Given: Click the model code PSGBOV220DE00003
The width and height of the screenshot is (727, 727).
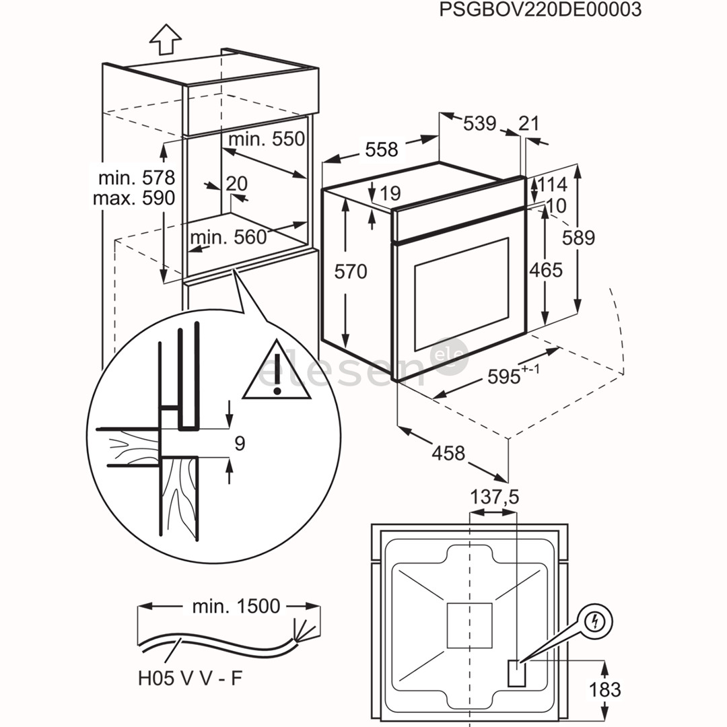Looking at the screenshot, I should coord(540,10).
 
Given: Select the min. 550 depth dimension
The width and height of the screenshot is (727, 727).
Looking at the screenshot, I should coord(267,139).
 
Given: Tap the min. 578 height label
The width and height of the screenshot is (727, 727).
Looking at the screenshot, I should coord(137,178).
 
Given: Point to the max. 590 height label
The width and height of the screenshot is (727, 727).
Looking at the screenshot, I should coord(134,198).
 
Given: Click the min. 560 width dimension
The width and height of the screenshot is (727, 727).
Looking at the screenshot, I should coord(228,237).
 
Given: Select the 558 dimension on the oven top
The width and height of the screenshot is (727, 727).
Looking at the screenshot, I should coord(382,149).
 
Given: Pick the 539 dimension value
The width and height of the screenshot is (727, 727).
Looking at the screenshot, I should coord(479,124).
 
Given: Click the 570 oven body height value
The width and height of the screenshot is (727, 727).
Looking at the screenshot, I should coord(351,271).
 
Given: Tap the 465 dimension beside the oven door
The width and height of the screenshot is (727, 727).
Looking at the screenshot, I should coord(545,269).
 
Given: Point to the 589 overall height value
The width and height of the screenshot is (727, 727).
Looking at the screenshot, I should coord(579,238).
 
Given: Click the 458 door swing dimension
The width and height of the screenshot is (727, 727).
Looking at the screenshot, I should coord(449,453).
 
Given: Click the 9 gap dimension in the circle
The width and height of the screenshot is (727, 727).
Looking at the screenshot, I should coord(240,443).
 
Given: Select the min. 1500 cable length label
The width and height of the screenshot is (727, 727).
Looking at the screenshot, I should coord(236,606).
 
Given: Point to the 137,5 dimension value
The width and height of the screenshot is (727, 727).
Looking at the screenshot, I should coord(494,497).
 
